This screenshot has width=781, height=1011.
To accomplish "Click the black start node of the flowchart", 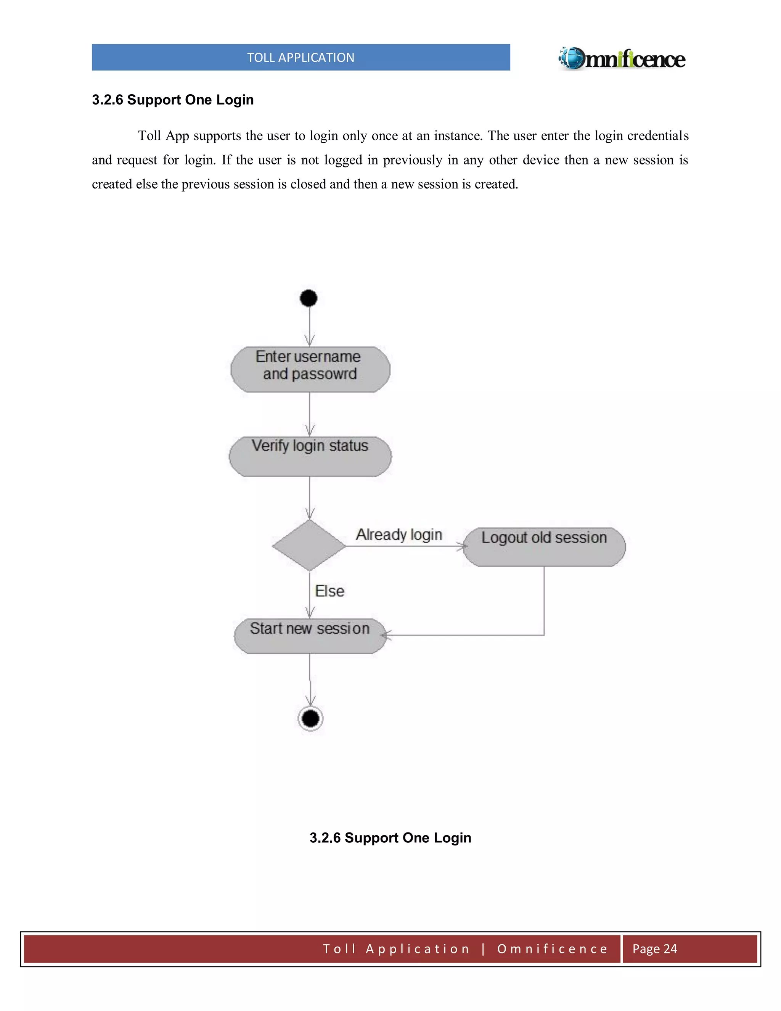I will pyautogui.click(x=309, y=298).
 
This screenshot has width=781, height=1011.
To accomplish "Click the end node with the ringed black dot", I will pyautogui.click(x=310, y=719).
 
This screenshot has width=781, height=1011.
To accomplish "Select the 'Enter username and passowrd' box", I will pyautogui.click(x=310, y=369).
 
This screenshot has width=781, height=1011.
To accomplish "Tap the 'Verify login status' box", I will pyautogui.click(x=310, y=456).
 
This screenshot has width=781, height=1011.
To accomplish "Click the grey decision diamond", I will pyautogui.click(x=309, y=545).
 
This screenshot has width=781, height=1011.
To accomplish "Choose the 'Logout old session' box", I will pyautogui.click(x=544, y=547).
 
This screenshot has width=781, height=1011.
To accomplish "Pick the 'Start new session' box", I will pyautogui.click(x=310, y=636).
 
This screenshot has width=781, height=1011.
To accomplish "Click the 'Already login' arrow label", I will pyautogui.click(x=399, y=534).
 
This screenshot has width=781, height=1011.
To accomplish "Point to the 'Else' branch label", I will pyautogui.click(x=329, y=591).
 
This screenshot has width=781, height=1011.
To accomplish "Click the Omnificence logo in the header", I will pyautogui.click(x=622, y=59).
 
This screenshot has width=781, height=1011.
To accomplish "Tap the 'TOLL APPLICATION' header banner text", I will pyautogui.click(x=301, y=57).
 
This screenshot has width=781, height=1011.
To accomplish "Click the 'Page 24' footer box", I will pyautogui.click(x=654, y=948).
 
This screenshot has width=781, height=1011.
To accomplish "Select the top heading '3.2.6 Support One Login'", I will pyautogui.click(x=173, y=100).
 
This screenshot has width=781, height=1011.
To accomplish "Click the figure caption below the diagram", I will pyautogui.click(x=390, y=837).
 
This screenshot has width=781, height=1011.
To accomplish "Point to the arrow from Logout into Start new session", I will pyautogui.click(x=463, y=635).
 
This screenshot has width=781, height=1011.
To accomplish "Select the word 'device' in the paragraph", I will pyautogui.click(x=542, y=160).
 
